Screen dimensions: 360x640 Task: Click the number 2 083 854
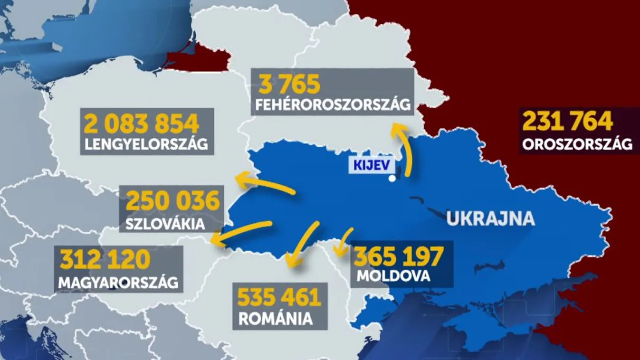[x=142, y=124]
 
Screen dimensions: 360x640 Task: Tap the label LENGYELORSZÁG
[x=146, y=144]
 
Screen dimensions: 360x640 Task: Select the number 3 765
[x=290, y=85]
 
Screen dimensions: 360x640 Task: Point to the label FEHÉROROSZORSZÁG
[x=333, y=105]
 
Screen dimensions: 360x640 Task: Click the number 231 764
[x=568, y=122]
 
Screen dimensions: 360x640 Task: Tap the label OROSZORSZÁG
[x=577, y=144]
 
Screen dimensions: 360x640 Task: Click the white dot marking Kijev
[x=392, y=179]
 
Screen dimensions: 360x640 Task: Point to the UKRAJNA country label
[x=490, y=219]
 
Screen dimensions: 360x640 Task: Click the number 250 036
[x=173, y=201]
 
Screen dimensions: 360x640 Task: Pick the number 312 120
[x=105, y=260]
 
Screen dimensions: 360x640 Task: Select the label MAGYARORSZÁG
[x=118, y=283]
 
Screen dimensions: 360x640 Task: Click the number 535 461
[x=279, y=298]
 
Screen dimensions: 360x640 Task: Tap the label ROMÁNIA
[x=276, y=319]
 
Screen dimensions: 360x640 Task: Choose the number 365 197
[x=399, y=256]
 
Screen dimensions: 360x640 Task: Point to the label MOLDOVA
[x=394, y=275]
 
